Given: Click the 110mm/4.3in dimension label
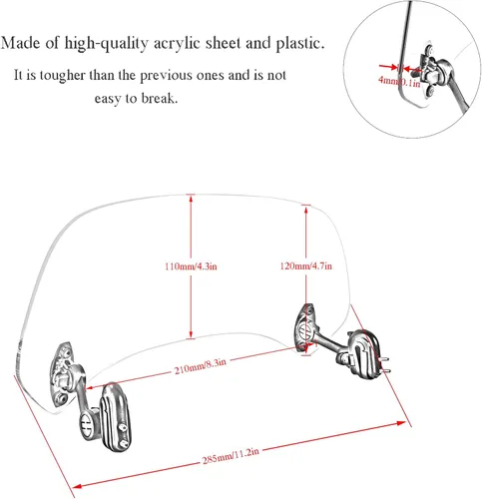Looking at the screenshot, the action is tap(191, 266).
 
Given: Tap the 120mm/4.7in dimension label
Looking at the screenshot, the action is tap(306, 265).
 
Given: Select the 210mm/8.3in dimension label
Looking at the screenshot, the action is tap(201, 366).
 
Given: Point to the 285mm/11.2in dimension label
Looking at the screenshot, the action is tap(231, 456).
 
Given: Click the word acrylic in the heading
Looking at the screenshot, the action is tap(177, 44).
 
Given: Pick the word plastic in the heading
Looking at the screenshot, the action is tap(299, 44).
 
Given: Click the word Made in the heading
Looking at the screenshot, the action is tap(21, 43).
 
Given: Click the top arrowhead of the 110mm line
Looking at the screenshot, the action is tap(191, 199).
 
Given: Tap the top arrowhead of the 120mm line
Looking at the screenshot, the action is tap(306, 210).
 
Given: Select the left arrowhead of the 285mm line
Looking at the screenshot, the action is tap(77, 486).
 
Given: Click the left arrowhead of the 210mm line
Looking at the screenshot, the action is tap(90, 387).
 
